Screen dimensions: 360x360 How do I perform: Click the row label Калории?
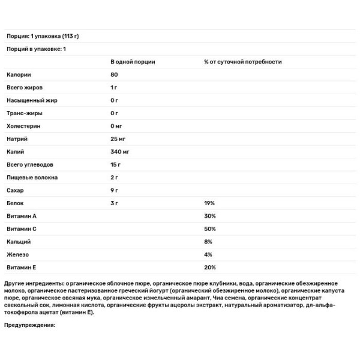pyautogui.click(x=19, y=74)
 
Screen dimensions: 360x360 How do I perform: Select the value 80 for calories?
pyautogui.click(x=114, y=74)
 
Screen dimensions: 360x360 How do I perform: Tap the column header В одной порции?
pyautogui.click(x=132, y=62)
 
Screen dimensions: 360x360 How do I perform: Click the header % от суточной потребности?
pyautogui.click(x=242, y=62)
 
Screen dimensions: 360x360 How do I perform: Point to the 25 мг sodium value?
pyautogui.click(x=119, y=139)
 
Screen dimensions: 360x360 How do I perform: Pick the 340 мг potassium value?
pyautogui.click(x=120, y=152)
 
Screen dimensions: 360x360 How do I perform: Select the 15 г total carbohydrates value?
pyautogui.click(x=116, y=165)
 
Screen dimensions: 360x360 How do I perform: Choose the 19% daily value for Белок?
pyautogui.click(x=209, y=203)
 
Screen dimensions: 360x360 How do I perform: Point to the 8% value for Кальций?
pyautogui.click(x=208, y=242)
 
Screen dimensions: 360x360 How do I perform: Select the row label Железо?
pyautogui.click(x=18, y=254)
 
